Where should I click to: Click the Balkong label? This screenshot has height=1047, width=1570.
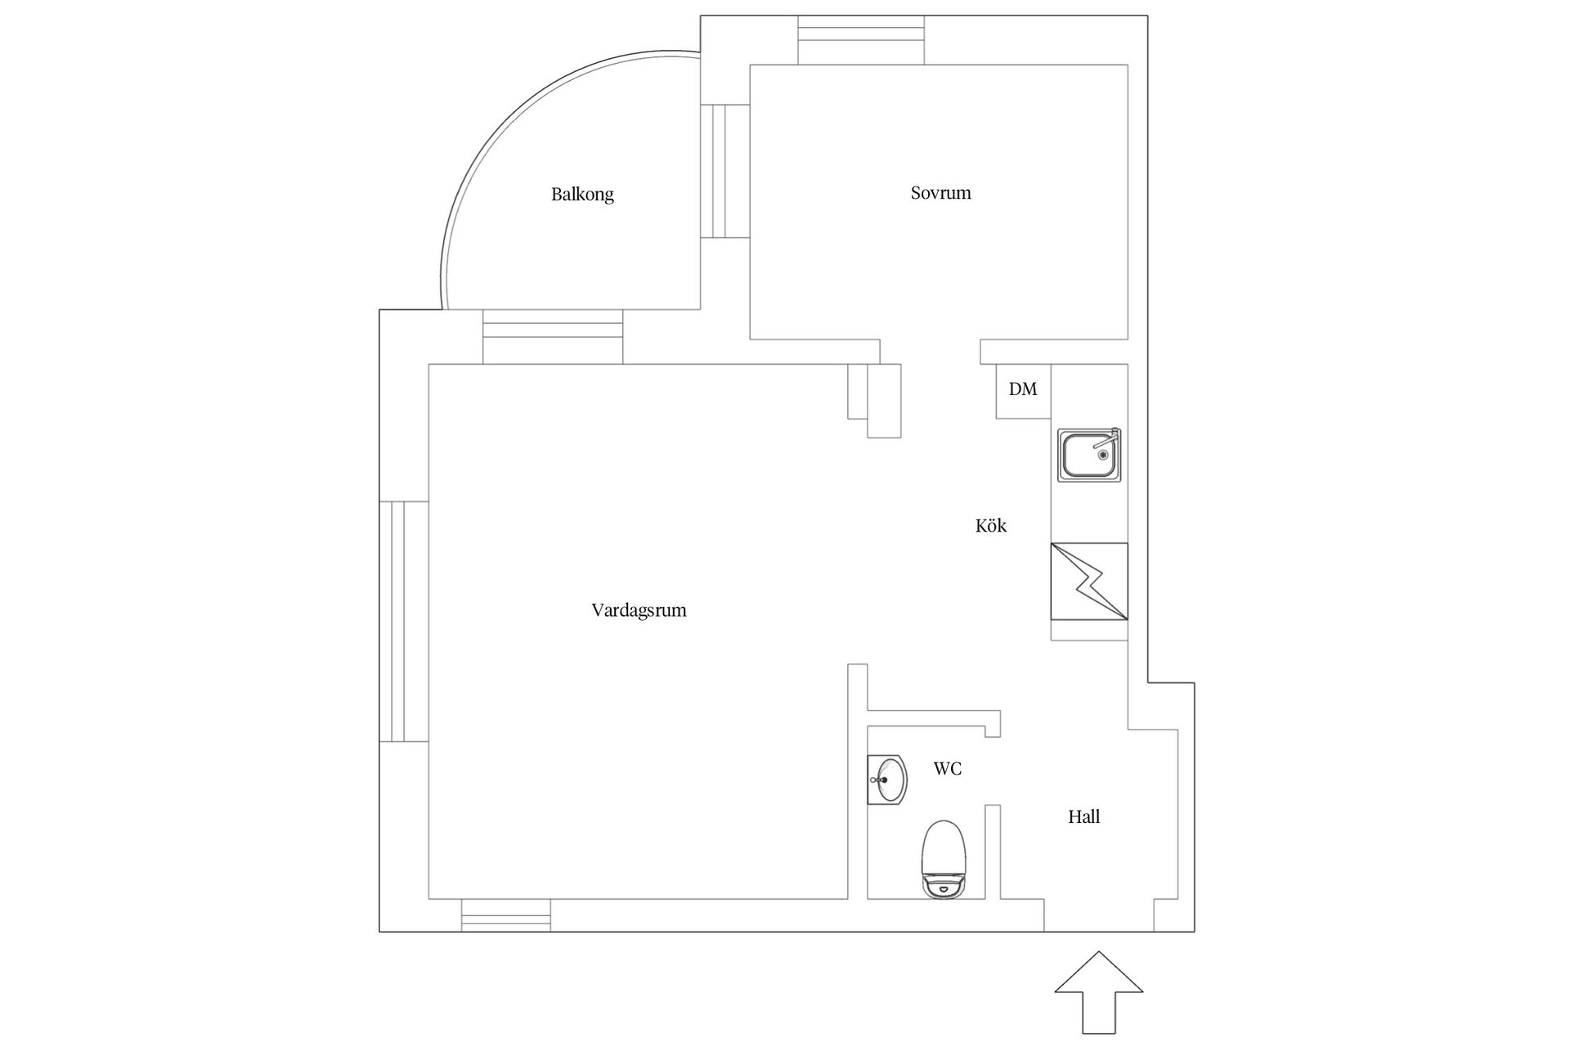click(582, 195)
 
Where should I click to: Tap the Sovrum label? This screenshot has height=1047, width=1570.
click(940, 193)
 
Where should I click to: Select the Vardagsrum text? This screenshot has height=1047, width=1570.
click(639, 610)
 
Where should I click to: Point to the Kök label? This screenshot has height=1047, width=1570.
click(991, 525)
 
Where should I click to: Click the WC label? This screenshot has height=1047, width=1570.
click(948, 769)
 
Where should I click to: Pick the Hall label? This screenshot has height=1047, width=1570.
click(1083, 816)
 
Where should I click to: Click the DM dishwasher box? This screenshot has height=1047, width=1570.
click(1023, 391)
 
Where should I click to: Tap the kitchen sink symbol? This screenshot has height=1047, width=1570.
click(1089, 455)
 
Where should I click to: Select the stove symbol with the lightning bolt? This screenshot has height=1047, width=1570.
click(1089, 581)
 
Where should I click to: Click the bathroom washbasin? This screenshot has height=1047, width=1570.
click(887, 780)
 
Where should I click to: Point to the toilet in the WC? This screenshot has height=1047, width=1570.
click(944, 860)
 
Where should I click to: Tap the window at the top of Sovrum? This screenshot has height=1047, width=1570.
click(861, 40)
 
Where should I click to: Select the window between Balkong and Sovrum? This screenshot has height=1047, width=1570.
click(725, 171)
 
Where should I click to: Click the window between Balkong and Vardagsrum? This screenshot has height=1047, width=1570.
click(553, 337)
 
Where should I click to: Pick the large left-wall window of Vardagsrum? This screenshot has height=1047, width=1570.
click(404, 622)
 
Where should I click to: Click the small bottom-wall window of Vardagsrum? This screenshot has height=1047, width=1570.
click(506, 915)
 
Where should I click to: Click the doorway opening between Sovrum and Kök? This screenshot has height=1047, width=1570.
click(931, 352)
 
